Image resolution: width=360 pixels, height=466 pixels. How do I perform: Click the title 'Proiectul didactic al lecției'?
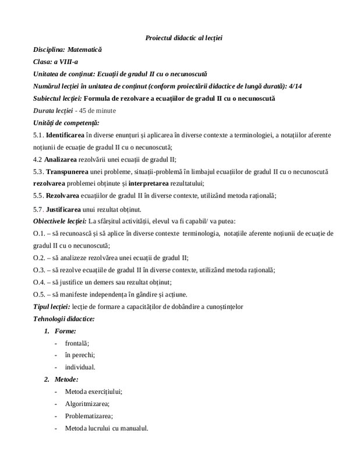point(184,38)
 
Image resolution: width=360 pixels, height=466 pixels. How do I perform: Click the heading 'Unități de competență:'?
point(66,122)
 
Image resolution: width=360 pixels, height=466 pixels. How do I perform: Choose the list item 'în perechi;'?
point(80,355)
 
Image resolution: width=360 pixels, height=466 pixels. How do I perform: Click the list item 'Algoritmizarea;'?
point(88,404)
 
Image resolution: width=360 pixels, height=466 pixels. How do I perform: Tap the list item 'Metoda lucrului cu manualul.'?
point(107,428)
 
